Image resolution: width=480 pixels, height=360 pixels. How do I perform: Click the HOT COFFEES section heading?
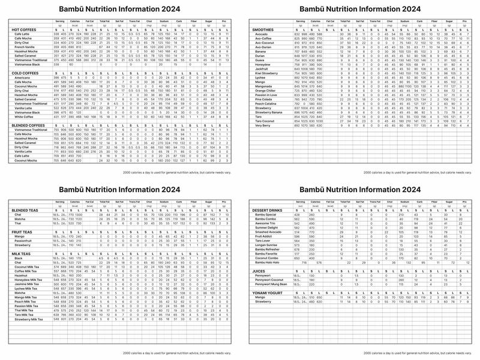[23, 29]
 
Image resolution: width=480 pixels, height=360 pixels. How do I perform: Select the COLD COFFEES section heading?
[25, 73]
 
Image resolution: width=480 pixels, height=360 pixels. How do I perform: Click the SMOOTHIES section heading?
[265, 29]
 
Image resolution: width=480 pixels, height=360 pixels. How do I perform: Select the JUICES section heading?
[260, 271]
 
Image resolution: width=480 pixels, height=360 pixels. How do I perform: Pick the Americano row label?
[22, 78]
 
